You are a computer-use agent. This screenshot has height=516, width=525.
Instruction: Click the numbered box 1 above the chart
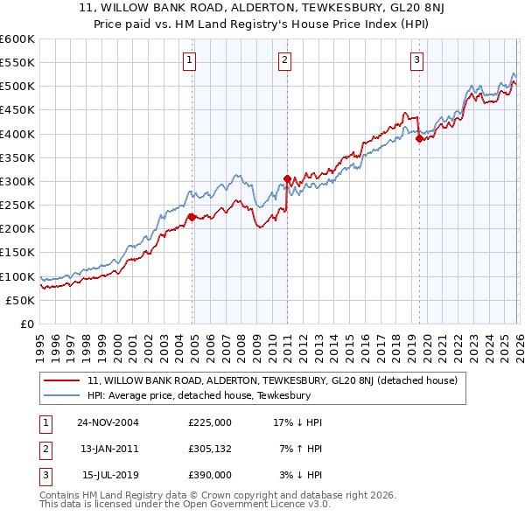point(190,60)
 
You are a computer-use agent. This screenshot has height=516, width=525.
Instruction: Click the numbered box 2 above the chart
point(285,60)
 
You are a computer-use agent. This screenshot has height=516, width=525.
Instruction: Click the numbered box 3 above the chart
point(416,60)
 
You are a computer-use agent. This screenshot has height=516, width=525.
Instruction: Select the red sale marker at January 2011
point(287,179)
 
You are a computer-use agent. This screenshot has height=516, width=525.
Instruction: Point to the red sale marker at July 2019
point(419,138)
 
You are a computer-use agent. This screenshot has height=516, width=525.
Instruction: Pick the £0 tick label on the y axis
point(27,324)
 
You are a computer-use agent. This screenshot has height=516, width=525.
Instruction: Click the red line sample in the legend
point(63,380)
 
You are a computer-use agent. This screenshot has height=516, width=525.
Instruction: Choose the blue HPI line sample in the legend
point(63,395)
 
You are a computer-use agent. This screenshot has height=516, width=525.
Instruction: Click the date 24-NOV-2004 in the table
point(108,422)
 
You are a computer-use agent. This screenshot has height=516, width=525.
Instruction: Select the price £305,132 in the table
point(209,449)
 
